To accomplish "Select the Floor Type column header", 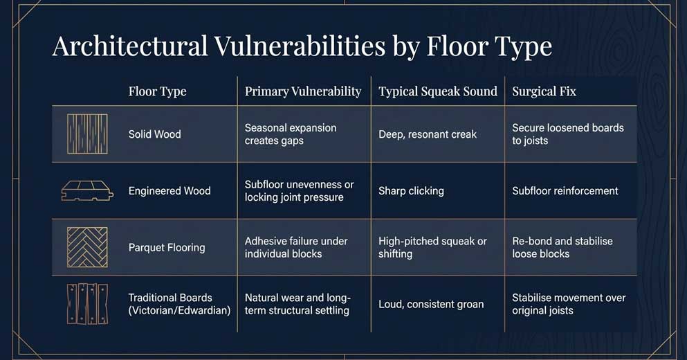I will (x=157, y=91).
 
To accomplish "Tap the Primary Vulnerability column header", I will (x=303, y=91).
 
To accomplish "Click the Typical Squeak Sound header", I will (x=437, y=91).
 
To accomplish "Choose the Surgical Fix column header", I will (x=544, y=91).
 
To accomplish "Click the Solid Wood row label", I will (x=154, y=134).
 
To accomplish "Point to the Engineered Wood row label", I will (x=170, y=191).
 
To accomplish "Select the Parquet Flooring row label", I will (x=167, y=248).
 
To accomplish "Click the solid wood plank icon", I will (x=87, y=134).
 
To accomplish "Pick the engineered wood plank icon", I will (x=87, y=191).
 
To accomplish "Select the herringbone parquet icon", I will (x=87, y=247).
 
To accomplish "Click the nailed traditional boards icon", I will (x=87, y=304).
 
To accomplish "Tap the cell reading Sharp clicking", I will (x=411, y=191).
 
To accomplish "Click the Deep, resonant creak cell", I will (x=427, y=134).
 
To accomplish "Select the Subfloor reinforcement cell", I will (x=565, y=191).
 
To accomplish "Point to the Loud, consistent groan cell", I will (x=430, y=304).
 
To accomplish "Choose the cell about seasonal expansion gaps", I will (x=291, y=134).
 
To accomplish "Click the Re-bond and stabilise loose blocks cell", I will (x=562, y=247).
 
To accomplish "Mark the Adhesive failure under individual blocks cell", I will (x=296, y=247).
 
